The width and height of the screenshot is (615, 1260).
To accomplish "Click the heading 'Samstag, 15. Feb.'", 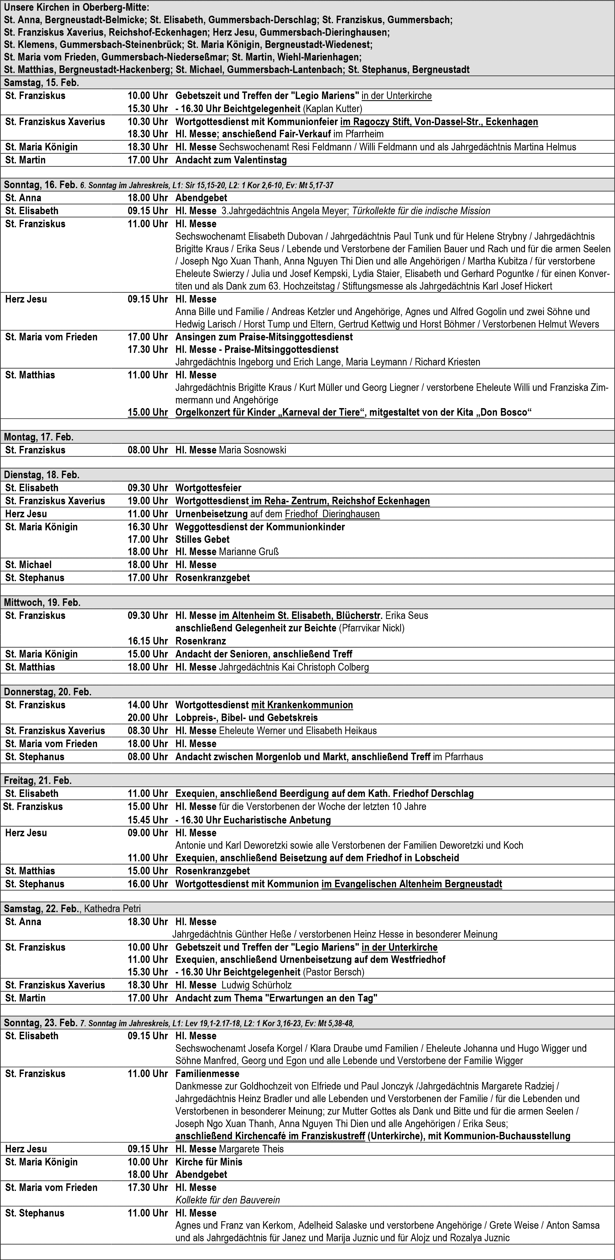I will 42,83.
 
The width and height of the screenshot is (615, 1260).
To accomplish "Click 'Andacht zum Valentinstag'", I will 231,160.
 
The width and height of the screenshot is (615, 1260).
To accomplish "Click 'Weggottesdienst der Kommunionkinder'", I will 260,527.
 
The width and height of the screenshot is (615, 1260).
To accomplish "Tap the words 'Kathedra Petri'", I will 113,909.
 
